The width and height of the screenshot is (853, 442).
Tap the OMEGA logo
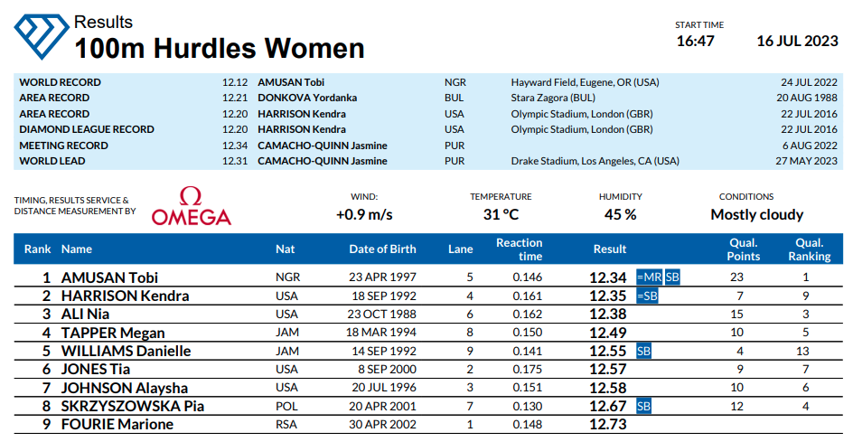click(191, 207)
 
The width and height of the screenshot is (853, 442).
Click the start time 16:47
click(695, 42)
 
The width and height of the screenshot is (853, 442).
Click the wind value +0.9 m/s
click(363, 215)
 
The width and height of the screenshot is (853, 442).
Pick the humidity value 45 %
click(620, 215)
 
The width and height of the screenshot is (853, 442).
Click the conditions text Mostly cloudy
click(756, 215)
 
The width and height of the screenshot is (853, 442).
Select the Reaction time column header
click(519, 249)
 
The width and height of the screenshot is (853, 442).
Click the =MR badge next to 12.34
click(648, 277)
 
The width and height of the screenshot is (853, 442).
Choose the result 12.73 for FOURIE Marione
click(607, 425)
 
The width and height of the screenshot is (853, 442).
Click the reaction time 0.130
click(527, 406)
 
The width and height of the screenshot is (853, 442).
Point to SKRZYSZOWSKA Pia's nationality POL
click(286, 406)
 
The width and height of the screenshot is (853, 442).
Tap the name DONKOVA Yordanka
click(306, 98)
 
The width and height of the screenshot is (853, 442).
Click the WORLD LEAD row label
click(52, 161)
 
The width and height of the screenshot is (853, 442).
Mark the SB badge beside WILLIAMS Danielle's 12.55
click(643, 351)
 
